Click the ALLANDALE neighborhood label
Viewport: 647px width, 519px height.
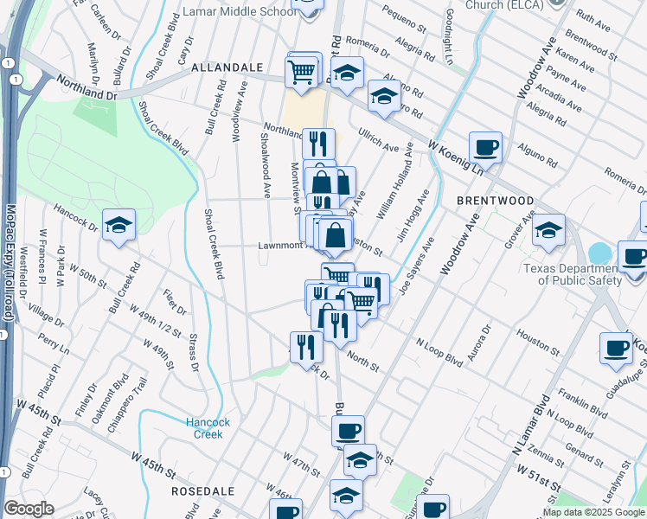[x=227, y=67]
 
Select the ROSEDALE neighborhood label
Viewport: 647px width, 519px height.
[x=204, y=490]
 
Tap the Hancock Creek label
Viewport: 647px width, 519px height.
[x=205, y=428]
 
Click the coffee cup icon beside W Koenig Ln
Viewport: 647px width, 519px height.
[x=486, y=147]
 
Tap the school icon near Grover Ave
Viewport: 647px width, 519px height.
[x=548, y=231]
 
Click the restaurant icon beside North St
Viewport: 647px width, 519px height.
[x=306, y=346]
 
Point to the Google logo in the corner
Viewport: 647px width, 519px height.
[x=29, y=509]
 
